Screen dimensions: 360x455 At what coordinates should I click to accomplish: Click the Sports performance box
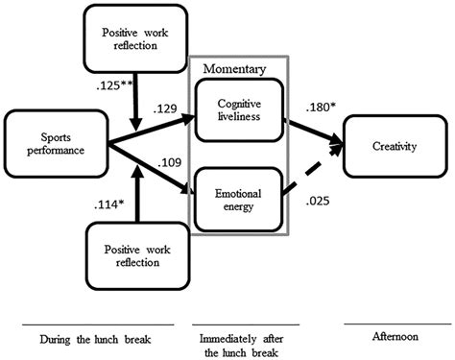pos(55,143)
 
